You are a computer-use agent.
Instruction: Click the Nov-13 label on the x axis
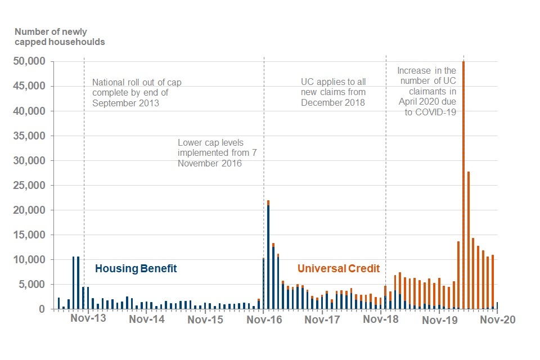pos(88,320)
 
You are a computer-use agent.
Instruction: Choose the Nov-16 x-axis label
pos(264,320)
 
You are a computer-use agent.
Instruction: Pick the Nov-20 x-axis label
pos(497,320)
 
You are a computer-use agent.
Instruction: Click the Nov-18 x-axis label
pos(381,320)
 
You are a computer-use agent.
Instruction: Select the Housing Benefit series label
pos(136,269)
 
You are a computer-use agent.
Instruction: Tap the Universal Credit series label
pos(338,269)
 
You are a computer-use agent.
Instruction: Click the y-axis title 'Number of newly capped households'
pos(59,37)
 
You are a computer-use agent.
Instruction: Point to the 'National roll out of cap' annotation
pos(136,93)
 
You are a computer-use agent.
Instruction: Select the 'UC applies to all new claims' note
pos(332,92)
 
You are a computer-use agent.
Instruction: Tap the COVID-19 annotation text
pos(426,91)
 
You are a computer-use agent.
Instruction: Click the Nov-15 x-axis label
pos(205,320)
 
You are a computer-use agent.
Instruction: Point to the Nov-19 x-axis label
pos(439,320)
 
